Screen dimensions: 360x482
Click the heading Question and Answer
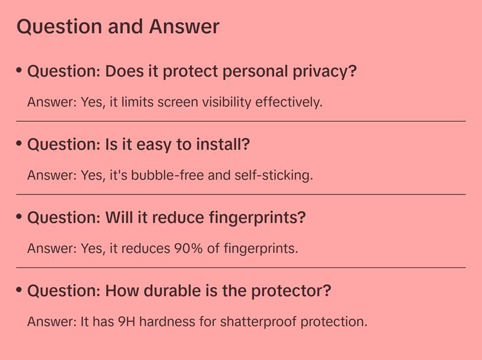click(x=117, y=27)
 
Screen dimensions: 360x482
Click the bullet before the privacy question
click(x=19, y=70)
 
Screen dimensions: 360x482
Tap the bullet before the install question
click(x=19, y=144)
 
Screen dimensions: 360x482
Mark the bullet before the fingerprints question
click(x=19, y=217)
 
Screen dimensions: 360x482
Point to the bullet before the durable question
click(x=19, y=290)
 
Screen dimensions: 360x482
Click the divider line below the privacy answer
click(x=241, y=121)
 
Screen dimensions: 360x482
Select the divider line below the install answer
click(x=241, y=194)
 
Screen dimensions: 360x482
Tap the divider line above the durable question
click(x=241, y=267)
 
